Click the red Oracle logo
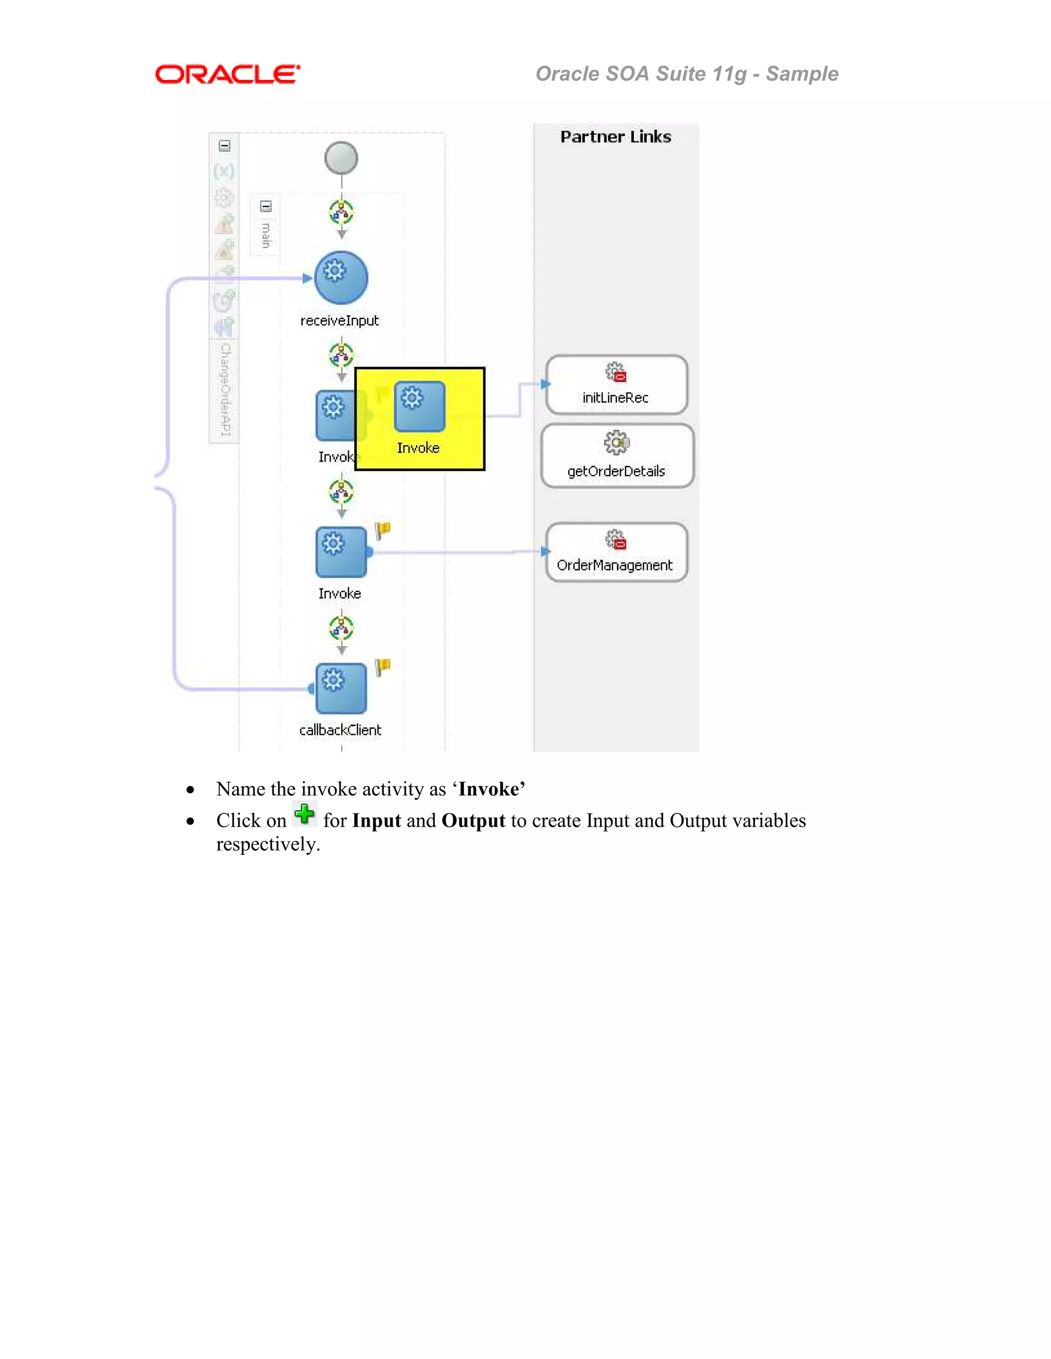point(227,75)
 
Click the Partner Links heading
point(615,137)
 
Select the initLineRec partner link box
point(616,385)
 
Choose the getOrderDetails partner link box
point(616,455)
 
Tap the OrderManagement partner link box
point(616,552)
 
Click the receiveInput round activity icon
point(341,277)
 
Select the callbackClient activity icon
point(341,688)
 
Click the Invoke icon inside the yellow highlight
point(419,406)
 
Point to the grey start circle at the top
point(341,158)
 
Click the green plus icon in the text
point(304,814)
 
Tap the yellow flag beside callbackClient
point(383,667)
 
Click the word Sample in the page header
point(802,74)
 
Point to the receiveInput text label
point(339,321)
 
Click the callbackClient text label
point(340,730)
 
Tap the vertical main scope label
point(266,235)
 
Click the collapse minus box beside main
point(266,206)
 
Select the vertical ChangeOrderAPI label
point(225,389)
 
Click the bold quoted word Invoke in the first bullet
point(489,789)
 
